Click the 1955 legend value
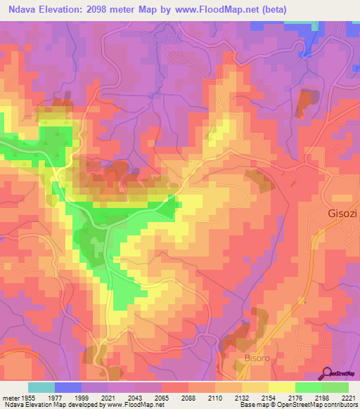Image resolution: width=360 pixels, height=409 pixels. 29,397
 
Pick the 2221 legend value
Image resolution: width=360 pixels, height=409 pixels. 347,397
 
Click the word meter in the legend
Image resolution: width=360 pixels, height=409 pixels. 11,397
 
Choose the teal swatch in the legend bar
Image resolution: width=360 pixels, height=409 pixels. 41,387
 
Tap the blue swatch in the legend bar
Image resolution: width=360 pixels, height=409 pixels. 68,387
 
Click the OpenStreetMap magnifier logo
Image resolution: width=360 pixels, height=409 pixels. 328,373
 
